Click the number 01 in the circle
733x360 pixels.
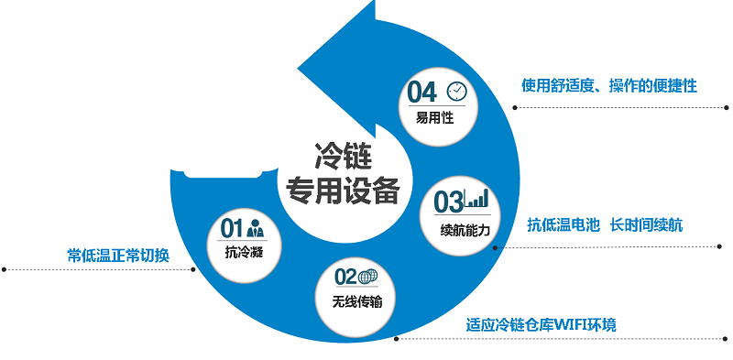coord(232,227)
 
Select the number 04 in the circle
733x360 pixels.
coord(422,92)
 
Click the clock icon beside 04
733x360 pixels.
coord(456,91)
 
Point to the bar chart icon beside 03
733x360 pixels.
coord(479,200)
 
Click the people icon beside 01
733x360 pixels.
coord(256,227)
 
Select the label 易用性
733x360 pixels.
coord(434,117)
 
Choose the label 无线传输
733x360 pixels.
coord(356,300)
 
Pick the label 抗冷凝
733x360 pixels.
coord(244,251)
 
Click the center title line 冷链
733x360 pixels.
coord(341,152)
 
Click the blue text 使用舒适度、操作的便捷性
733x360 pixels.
coord(609,85)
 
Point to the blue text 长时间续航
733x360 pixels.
coord(647,224)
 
